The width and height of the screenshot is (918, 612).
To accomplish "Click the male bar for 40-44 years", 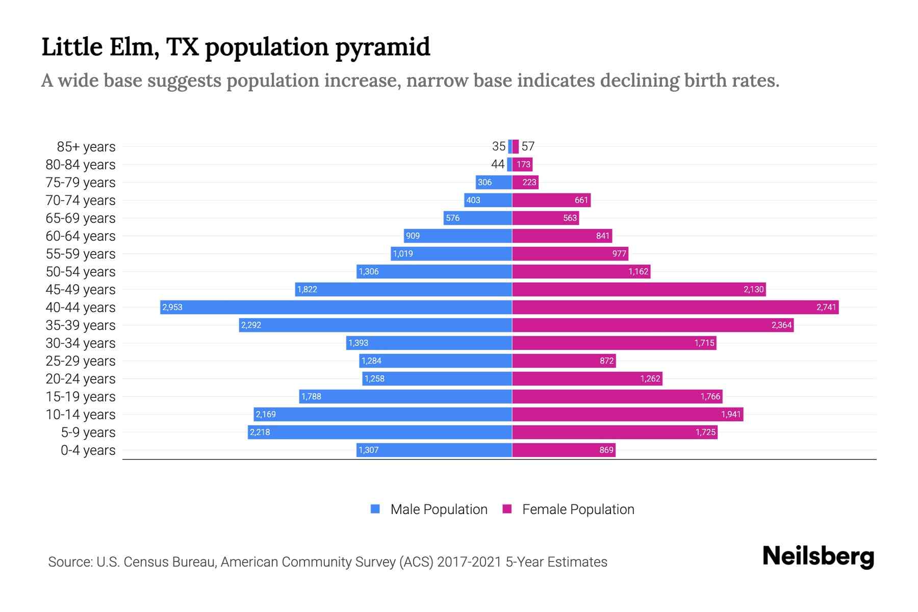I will [x=337, y=307].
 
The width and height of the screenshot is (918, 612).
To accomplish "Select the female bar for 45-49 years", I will [x=639, y=289].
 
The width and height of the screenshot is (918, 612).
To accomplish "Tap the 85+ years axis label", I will [x=86, y=147].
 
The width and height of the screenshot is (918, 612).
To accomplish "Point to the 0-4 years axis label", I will [x=88, y=450].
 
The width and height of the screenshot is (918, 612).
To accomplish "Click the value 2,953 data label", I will [x=172, y=308].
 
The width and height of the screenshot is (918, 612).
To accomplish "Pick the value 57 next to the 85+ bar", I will [x=528, y=146].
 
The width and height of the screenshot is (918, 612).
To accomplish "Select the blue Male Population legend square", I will [x=375, y=509].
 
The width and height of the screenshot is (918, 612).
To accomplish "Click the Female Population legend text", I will [x=578, y=509].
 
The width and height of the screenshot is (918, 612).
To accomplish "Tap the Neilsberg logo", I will [x=818, y=556].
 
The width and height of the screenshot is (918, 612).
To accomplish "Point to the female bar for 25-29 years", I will [x=564, y=361].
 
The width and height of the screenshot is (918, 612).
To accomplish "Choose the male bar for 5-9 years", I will [x=380, y=432].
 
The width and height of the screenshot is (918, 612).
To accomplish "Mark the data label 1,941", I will [x=730, y=415].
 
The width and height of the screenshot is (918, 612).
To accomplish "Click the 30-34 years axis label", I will [x=81, y=343].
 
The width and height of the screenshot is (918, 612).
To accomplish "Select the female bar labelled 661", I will [x=551, y=200].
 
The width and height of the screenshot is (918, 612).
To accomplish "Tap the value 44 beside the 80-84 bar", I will [x=498, y=164].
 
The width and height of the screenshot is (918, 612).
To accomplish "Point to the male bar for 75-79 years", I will [x=494, y=182].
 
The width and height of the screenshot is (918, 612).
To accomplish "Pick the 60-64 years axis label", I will [x=81, y=236].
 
